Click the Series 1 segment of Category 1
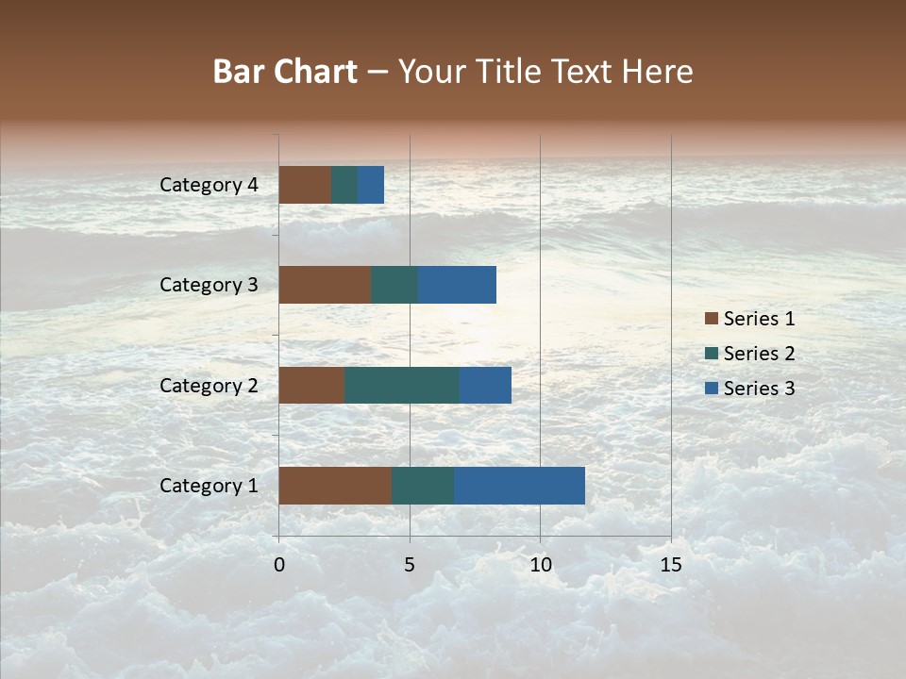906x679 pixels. [x=335, y=485]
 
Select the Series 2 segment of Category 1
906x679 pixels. [x=423, y=485]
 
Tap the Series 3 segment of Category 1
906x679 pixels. [x=519, y=485]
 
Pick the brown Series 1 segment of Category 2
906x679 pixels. [x=311, y=385]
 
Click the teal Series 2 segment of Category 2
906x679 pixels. [x=402, y=385]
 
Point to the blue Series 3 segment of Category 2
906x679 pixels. [x=485, y=385]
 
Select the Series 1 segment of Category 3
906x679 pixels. [x=325, y=285]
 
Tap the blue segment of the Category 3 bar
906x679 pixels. [x=457, y=285]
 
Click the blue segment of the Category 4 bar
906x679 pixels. [x=371, y=185]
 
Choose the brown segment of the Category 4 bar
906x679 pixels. [x=305, y=185]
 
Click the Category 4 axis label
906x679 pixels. [x=209, y=185]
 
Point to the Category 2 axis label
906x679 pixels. [x=209, y=385]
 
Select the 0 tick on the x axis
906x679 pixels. [x=279, y=565]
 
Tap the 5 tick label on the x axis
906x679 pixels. [x=410, y=565]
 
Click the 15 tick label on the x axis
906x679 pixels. [x=670, y=565]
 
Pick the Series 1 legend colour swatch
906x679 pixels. [x=711, y=319]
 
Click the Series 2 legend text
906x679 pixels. [x=759, y=354]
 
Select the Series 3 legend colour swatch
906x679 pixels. [x=711, y=388]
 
